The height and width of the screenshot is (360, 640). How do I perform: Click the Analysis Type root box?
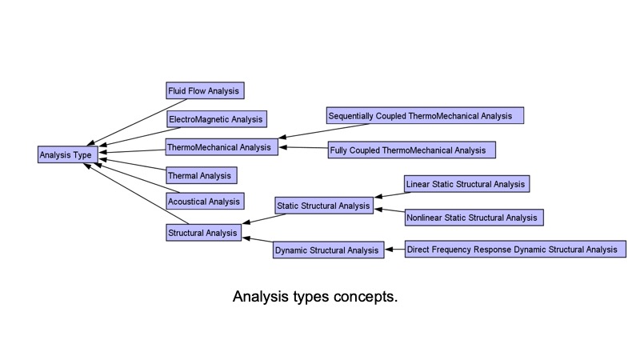(70, 154)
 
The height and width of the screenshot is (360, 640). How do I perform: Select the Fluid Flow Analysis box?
(204, 90)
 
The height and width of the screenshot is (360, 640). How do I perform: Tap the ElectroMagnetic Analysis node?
(216, 119)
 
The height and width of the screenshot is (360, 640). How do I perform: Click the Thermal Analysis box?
(201, 175)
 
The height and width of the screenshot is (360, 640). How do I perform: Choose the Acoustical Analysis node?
(204, 201)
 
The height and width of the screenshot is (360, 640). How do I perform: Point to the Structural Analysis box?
(203, 233)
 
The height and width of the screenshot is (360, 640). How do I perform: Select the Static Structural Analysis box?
(323, 206)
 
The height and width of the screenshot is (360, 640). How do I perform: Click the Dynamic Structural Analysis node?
(326, 250)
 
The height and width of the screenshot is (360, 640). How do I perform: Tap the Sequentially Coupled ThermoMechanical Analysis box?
(424, 116)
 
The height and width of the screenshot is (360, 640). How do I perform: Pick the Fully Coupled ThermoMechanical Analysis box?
(411, 150)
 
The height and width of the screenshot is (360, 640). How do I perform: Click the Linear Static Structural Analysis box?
(466, 184)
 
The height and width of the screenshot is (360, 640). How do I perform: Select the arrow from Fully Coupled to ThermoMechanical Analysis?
(303, 148)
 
